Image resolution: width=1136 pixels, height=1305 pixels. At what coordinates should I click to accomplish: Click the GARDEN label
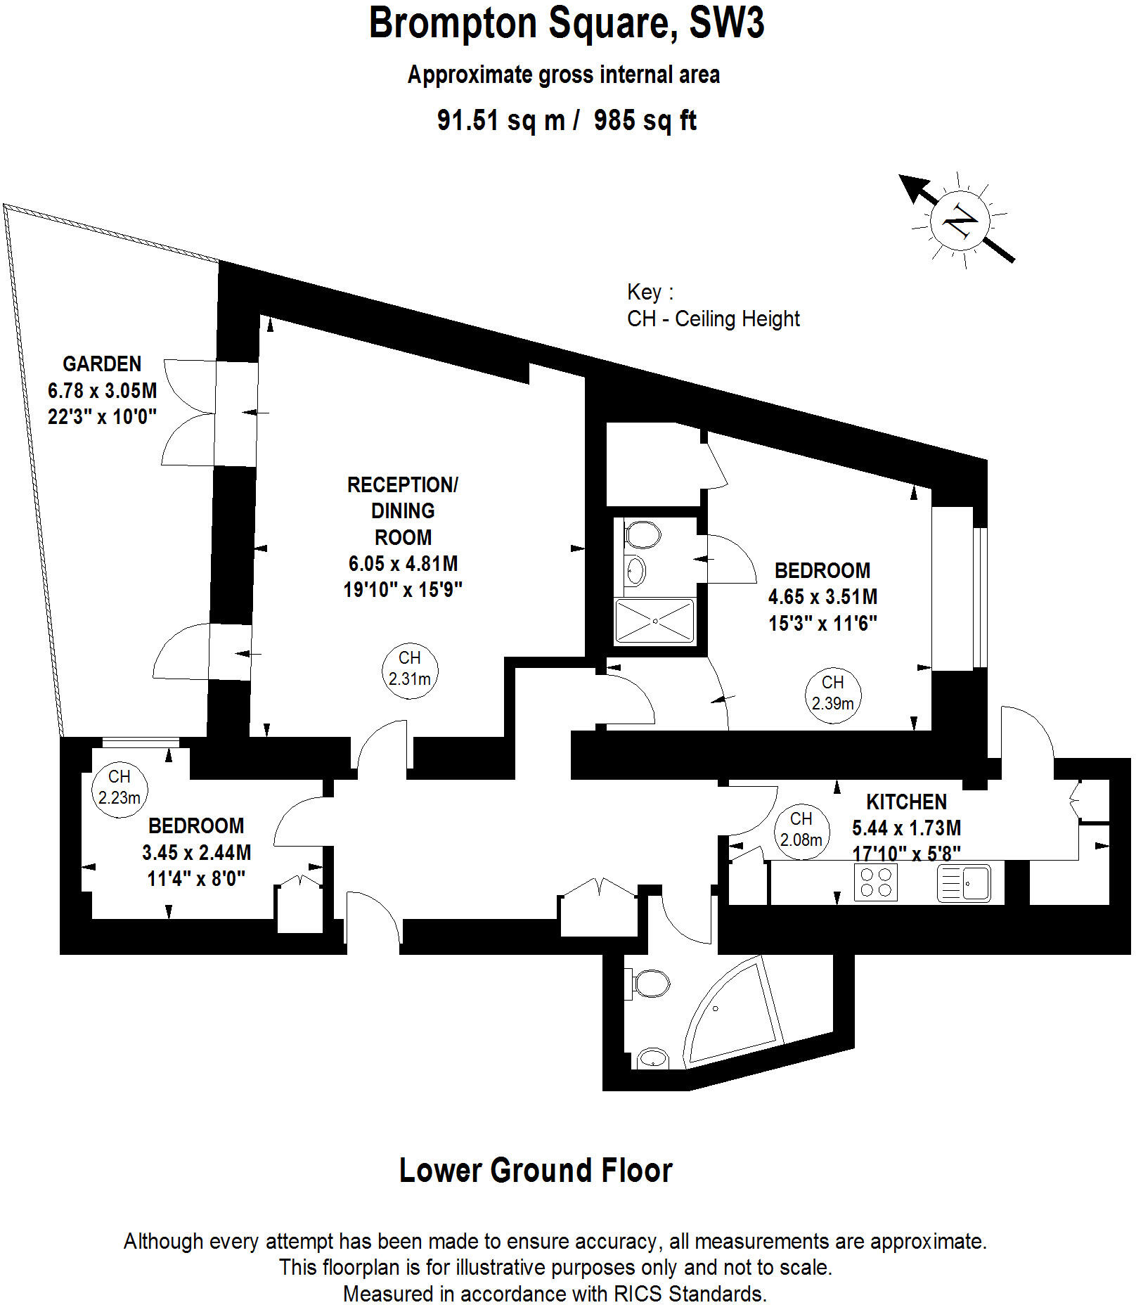[102, 364]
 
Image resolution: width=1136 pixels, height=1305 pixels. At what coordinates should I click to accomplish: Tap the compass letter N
[960, 222]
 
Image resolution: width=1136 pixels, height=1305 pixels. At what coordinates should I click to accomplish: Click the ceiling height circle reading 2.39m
[832, 693]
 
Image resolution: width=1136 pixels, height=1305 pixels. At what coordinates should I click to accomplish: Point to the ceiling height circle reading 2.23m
[120, 788]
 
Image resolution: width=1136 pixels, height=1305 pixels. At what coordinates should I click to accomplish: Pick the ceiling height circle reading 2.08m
[801, 830]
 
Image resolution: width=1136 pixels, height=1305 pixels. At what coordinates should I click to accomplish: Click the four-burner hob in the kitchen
[876, 883]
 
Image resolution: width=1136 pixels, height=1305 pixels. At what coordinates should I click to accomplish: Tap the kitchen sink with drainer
[964, 883]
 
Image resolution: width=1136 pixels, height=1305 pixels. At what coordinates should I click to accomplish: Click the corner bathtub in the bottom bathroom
[731, 1017]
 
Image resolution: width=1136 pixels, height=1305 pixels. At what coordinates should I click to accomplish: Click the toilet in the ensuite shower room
[643, 534]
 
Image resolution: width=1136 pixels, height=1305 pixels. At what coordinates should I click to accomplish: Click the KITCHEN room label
[906, 802]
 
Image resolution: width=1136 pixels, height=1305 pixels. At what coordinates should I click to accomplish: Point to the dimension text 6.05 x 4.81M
[403, 564]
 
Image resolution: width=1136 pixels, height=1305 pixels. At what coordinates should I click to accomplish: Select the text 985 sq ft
[645, 120]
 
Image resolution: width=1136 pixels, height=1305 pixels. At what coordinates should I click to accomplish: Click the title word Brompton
[453, 23]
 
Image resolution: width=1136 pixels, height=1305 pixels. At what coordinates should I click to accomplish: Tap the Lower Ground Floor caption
[536, 1171]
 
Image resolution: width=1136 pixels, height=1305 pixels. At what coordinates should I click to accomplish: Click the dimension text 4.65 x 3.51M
[822, 597]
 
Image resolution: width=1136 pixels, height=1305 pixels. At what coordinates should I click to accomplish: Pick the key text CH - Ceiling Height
[713, 319]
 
